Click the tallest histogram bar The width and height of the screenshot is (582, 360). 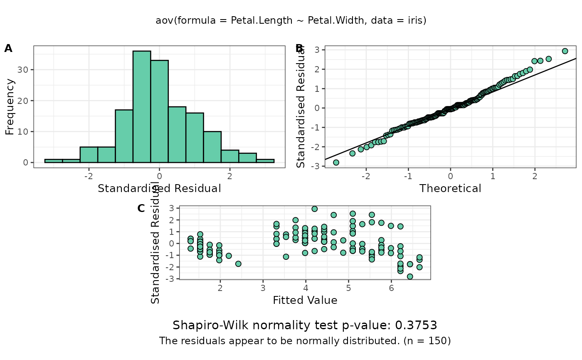(x=142, y=106)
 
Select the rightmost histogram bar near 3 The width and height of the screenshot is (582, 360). (x=265, y=160)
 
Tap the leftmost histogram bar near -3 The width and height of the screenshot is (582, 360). (x=54, y=160)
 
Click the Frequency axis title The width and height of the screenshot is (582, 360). (x=10, y=107)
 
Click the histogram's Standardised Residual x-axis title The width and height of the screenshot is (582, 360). (x=159, y=188)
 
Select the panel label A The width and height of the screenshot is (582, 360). (x=8, y=49)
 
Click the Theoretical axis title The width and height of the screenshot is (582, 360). (x=450, y=188)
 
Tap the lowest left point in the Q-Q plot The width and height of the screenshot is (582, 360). (x=336, y=163)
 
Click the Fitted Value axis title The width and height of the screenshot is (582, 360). (x=305, y=300)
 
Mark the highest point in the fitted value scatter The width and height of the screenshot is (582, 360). (x=315, y=209)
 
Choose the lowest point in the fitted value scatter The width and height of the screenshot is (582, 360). (x=410, y=276)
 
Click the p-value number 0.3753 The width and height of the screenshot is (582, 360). (x=420, y=325)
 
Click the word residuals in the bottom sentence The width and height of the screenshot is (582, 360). (x=195, y=341)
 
